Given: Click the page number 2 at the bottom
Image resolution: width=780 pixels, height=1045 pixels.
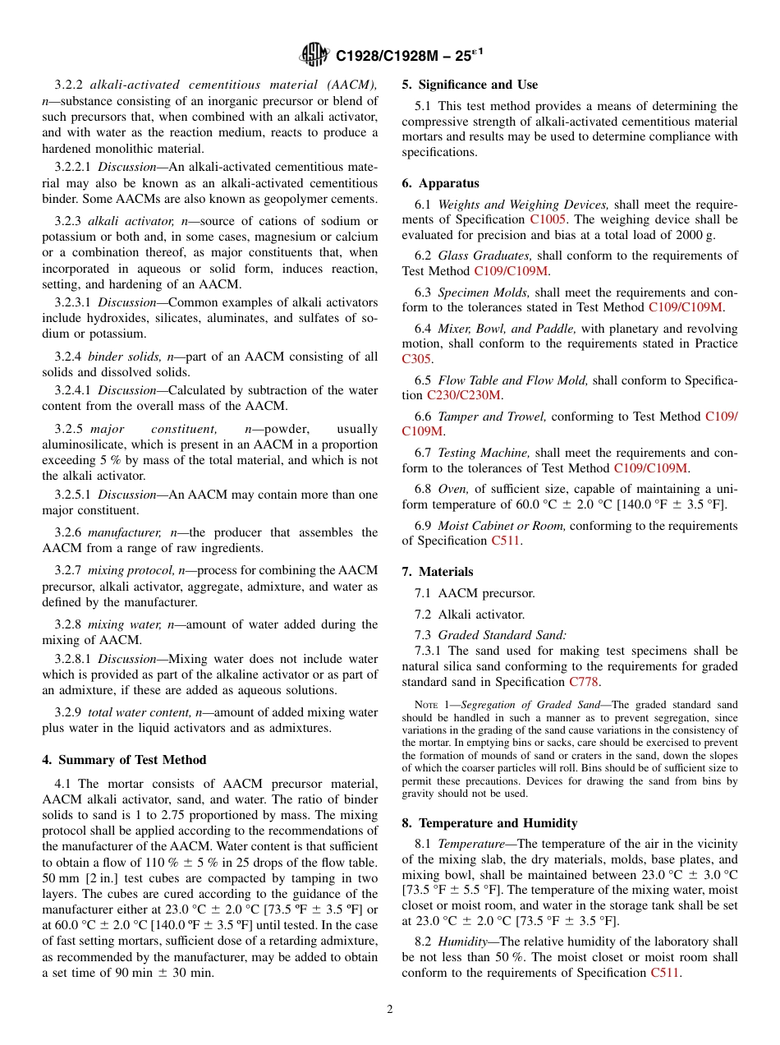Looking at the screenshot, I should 390,1010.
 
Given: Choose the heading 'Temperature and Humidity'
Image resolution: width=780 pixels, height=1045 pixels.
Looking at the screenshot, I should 498,823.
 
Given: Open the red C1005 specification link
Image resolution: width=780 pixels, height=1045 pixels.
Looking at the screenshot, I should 548,219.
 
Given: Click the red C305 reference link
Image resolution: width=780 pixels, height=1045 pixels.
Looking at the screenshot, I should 417,359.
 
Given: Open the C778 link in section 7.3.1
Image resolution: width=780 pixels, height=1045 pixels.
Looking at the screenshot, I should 584,682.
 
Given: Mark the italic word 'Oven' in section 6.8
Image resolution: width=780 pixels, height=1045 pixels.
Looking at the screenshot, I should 452,490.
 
